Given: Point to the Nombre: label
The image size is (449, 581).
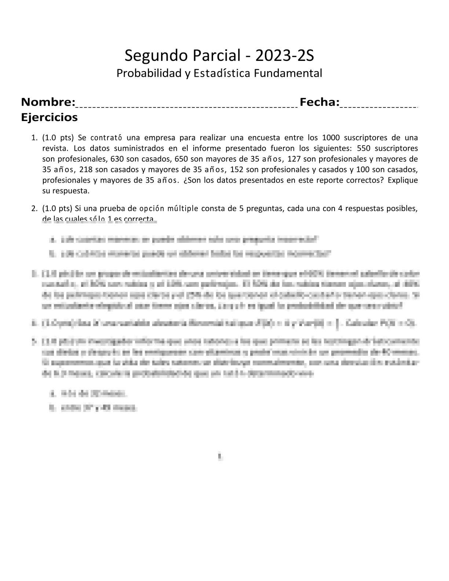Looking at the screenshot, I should click(x=48, y=102).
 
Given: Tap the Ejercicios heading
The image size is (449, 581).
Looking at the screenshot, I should click(x=50, y=117).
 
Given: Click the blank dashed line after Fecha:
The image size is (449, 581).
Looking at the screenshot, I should click(x=379, y=106).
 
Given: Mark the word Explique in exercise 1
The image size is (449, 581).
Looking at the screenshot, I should click(x=402, y=180).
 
